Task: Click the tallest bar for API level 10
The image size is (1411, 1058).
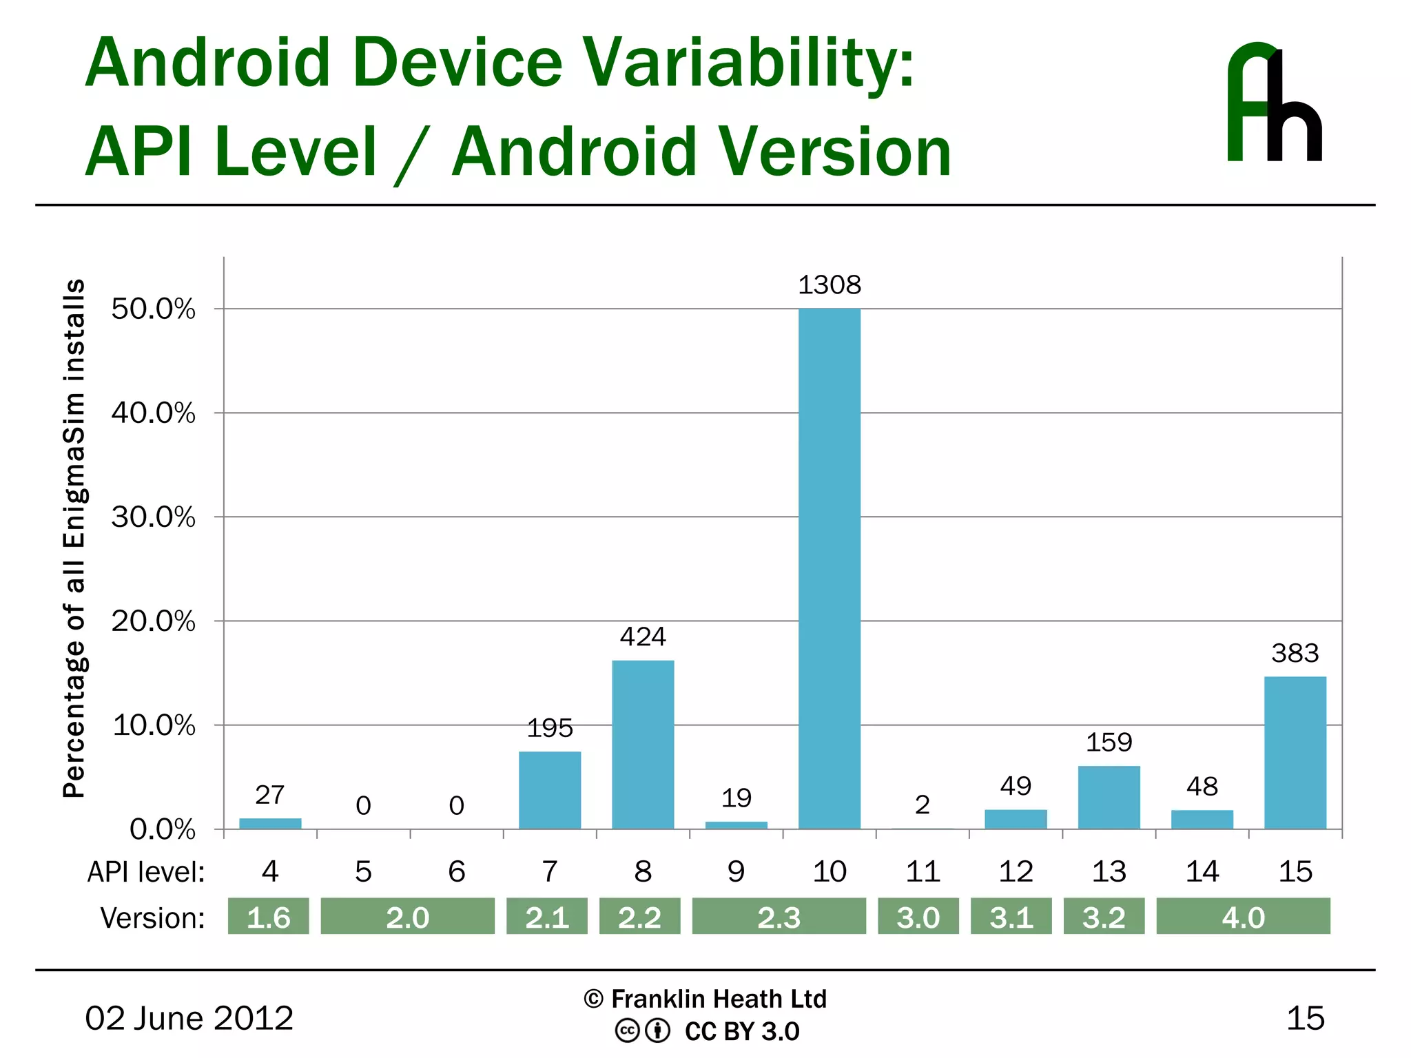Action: (x=829, y=568)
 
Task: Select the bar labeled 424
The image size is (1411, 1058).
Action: (x=643, y=744)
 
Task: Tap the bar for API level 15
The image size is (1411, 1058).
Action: (x=1295, y=752)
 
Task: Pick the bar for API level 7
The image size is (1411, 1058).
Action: (x=549, y=789)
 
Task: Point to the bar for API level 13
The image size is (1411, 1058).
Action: (x=1109, y=797)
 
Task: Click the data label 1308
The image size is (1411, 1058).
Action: (x=830, y=285)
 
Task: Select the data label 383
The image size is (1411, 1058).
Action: (x=1295, y=653)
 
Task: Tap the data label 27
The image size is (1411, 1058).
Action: (x=269, y=795)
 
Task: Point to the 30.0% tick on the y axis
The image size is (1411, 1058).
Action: (x=154, y=517)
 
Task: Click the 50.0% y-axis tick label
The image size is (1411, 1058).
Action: (x=154, y=309)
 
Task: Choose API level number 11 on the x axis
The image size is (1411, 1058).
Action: (x=923, y=872)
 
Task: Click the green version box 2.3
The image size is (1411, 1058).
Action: (x=779, y=917)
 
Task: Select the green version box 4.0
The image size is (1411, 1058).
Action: (x=1243, y=917)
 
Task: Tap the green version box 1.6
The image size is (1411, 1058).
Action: (x=268, y=917)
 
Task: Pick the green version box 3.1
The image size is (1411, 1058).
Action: (x=1011, y=917)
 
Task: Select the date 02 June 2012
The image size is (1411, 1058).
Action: (x=189, y=1018)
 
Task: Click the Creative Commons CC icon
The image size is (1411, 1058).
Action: (x=627, y=1031)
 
